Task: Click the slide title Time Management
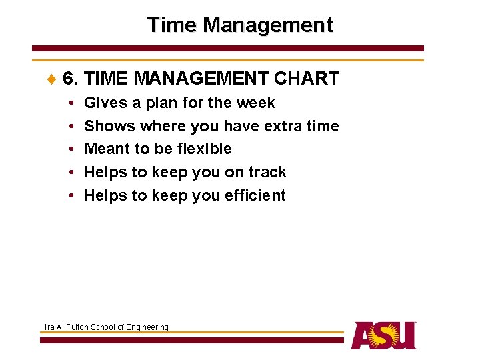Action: tap(239, 25)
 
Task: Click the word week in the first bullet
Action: tap(257, 103)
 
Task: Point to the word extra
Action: tap(289, 126)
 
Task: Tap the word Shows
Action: tap(109, 126)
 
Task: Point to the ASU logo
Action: tap(384, 335)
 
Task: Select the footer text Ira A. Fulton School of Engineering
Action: tap(106, 327)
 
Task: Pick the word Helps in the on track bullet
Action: tap(105, 172)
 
